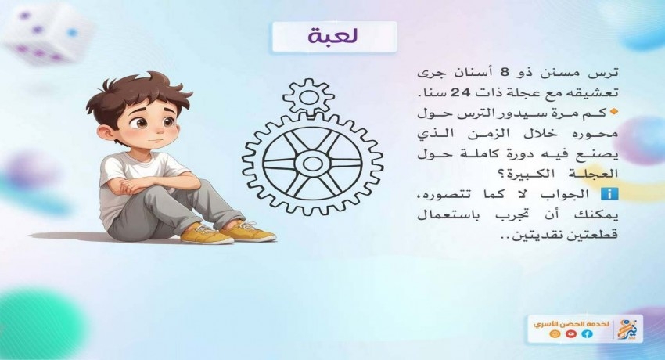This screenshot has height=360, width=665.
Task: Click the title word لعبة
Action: pos(333,36)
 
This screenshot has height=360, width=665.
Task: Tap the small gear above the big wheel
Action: pos(308,98)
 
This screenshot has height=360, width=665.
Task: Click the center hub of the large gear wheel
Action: pos(312,164)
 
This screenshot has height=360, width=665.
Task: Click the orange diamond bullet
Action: pos(613,113)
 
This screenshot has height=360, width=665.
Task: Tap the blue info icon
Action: pos(610,194)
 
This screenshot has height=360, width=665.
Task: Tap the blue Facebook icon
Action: pos(588,334)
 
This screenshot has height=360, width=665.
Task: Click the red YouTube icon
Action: pos(571,334)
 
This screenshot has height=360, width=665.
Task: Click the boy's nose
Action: pos(157,128)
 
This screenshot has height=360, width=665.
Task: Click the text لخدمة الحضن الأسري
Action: pos(571,324)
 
